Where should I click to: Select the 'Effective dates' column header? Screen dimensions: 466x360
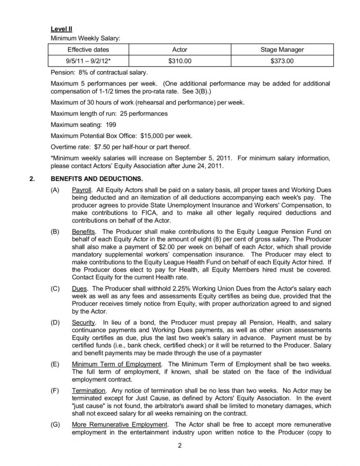pos(88,49)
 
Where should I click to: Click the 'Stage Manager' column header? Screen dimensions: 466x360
pos(282,49)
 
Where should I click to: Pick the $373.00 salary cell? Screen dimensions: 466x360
pos(282,61)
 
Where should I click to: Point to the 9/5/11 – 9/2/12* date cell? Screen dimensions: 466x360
pos(89,61)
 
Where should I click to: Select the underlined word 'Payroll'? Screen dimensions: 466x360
pos(82,191)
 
